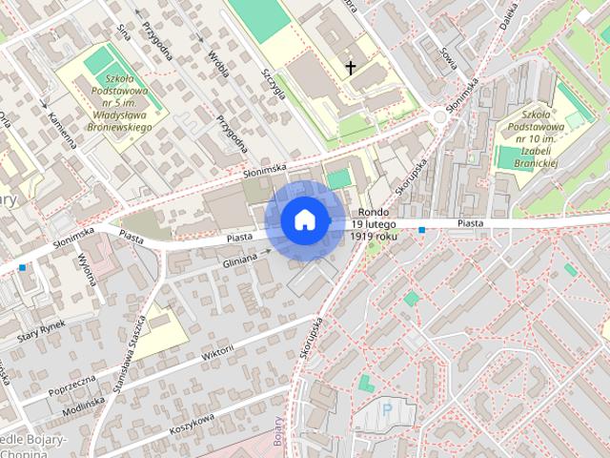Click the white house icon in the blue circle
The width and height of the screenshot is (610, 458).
[x=304, y=219]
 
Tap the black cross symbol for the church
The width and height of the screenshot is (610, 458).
[x=351, y=68]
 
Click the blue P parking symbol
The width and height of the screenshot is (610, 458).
[x=387, y=409]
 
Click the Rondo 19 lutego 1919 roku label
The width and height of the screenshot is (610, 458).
[x=374, y=223]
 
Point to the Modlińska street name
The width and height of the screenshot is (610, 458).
[x=83, y=405]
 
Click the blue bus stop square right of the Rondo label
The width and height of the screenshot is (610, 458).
[x=421, y=230]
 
